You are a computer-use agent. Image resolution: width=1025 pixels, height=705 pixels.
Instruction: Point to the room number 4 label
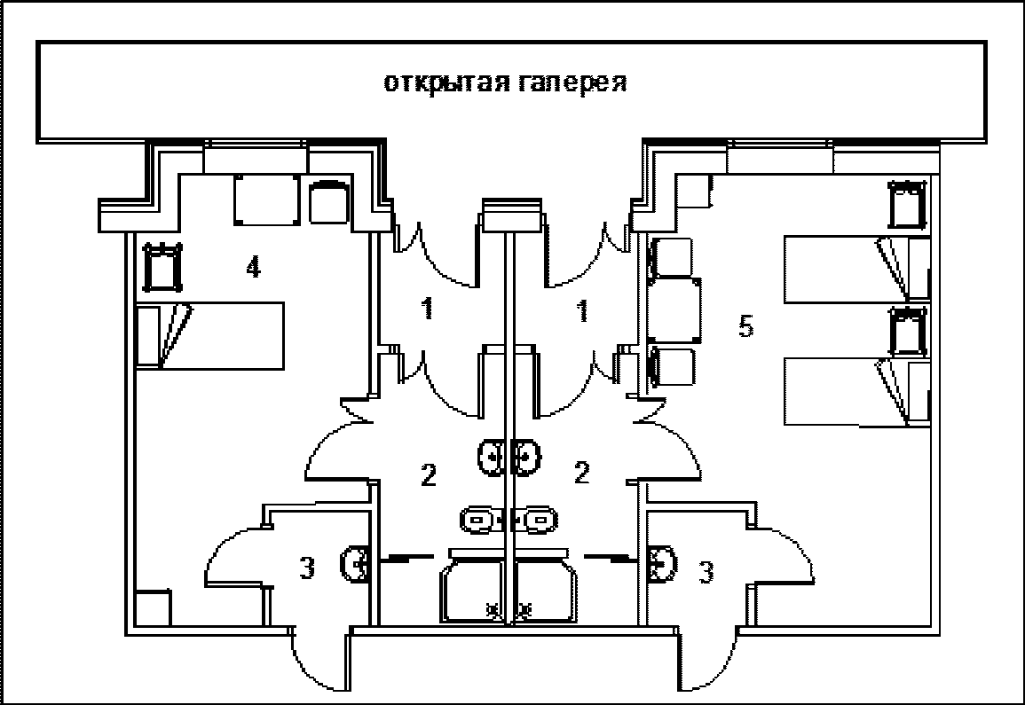[x=253, y=268]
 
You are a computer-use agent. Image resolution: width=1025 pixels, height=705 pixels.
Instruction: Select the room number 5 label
[x=746, y=327]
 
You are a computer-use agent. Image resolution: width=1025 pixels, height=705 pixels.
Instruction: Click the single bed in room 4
[x=210, y=335]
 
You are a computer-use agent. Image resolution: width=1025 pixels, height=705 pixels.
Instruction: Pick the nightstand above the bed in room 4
[x=162, y=268]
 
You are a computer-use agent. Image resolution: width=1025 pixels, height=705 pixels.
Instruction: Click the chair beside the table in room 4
[x=329, y=201]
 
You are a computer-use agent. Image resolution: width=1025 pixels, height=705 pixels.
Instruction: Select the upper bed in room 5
[x=856, y=268]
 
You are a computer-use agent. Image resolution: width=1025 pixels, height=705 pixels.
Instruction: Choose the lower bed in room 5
[x=856, y=391]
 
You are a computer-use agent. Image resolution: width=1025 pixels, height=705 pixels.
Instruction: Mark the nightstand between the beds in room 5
[x=908, y=332]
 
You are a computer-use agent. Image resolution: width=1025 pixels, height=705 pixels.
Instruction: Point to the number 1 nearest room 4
[x=427, y=309]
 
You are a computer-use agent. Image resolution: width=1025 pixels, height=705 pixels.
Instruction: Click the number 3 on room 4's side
[x=306, y=569]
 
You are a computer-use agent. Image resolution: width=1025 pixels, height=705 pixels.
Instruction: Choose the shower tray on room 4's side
[x=474, y=586]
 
